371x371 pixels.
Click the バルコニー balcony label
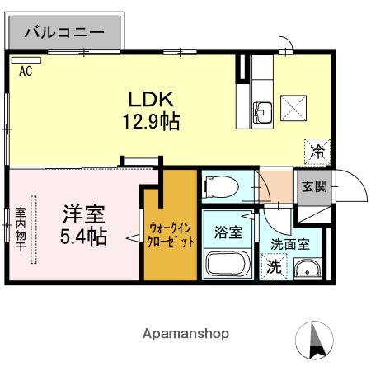coord(63,33)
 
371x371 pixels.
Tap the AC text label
coord(26,71)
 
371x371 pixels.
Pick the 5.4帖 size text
coord(83,237)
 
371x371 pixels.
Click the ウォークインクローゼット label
coord(171,234)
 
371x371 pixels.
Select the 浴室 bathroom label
coord(228,232)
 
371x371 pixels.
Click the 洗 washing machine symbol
coord(272,266)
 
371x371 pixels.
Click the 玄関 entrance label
coord(313,186)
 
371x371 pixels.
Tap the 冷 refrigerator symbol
coord(317,150)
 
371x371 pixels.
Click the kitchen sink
coord(265,111)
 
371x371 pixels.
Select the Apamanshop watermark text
coord(185,334)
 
